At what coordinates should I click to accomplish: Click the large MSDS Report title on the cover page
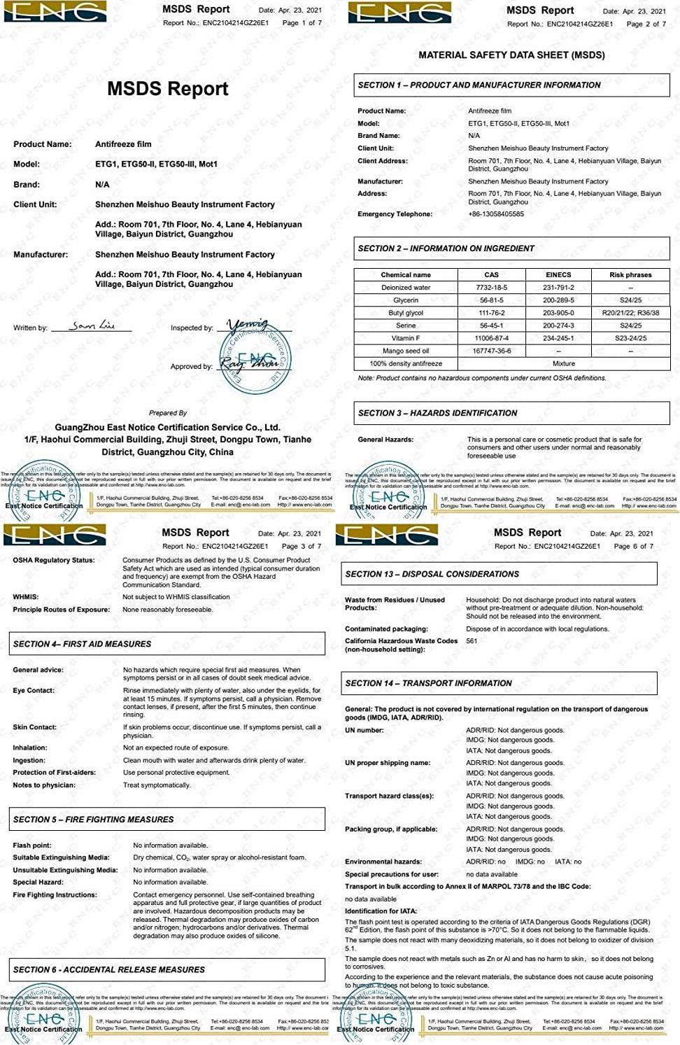pos(167,89)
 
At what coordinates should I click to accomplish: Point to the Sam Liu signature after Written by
pos(92,325)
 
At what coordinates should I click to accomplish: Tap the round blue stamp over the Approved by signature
pos(255,361)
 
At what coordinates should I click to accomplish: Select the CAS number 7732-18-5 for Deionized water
pos(491,288)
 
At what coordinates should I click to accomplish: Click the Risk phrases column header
pos(630,275)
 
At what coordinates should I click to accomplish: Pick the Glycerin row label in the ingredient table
pos(406,300)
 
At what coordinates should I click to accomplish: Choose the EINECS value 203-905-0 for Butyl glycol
pos(558,313)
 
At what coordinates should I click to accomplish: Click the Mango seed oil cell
pos(406,351)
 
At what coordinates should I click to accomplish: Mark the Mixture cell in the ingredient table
pos(563,363)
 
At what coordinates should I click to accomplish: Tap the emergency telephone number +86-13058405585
pos(495,214)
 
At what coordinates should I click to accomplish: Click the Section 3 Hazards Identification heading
pos(437,413)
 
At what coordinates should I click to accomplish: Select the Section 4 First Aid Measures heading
pos(82,644)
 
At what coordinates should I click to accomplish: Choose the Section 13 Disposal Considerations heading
pos(432,574)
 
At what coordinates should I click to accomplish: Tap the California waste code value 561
pos(472,640)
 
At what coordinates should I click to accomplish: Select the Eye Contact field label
pos(34,690)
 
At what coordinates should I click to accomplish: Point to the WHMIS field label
pos(26,597)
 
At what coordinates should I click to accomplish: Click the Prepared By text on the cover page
pos(168,413)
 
